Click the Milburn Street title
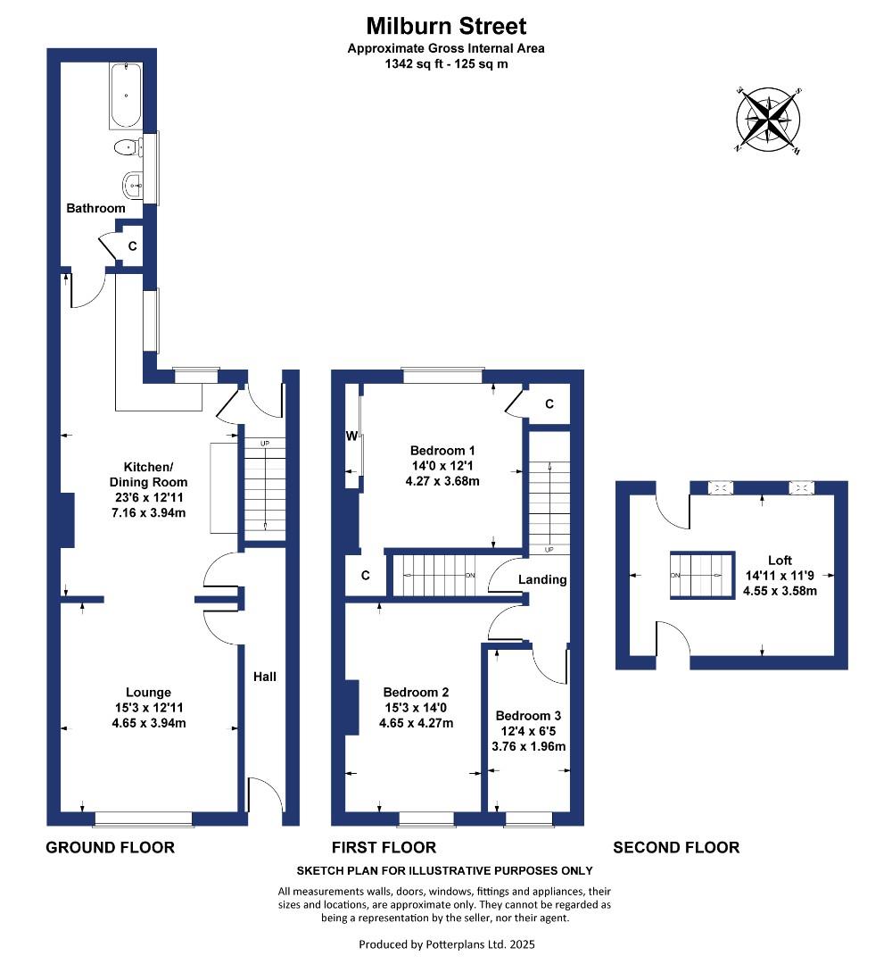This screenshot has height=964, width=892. click(x=446, y=26)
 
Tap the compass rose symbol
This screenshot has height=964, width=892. click(x=768, y=120)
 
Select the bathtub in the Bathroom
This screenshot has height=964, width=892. click(x=126, y=95)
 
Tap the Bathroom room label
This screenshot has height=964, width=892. click(x=95, y=208)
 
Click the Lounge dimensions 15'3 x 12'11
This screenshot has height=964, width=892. click(x=148, y=708)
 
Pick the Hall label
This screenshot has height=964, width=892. click(x=264, y=677)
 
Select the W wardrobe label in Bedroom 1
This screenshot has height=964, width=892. click(x=351, y=436)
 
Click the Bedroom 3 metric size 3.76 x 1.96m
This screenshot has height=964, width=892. click(x=529, y=746)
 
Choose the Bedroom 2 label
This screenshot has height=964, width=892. click(x=416, y=692)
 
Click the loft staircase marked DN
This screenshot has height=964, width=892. click(x=701, y=576)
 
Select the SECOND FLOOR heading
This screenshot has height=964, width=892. click(x=676, y=847)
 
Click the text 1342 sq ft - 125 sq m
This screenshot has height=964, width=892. click(x=446, y=63)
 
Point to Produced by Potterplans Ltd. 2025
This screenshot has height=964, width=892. click(x=446, y=943)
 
